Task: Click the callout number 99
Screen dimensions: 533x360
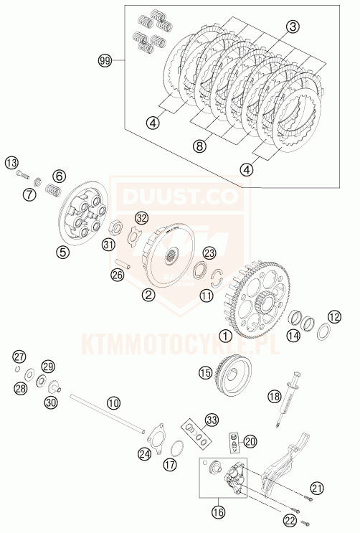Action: (x=105, y=62)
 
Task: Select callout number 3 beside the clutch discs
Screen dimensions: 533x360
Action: (x=293, y=27)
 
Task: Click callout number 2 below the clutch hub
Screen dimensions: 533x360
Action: (x=148, y=293)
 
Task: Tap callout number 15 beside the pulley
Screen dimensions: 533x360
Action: (x=206, y=372)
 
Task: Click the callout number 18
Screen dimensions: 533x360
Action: (x=275, y=396)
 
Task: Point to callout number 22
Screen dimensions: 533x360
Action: (x=289, y=519)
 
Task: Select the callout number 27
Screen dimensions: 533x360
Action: (x=19, y=357)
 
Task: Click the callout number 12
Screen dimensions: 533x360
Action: (x=334, y=317)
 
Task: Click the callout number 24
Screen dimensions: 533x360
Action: (x=146, y=453)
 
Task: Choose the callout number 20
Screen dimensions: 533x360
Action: (x=250, y=441)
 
